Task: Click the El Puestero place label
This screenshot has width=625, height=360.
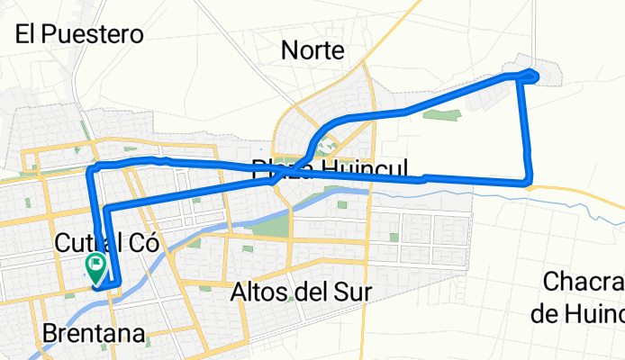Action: click(x=80, y=35)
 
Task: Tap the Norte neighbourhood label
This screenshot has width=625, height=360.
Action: click(x=312, y=50)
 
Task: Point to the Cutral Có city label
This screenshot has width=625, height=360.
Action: click(x=106, y=242)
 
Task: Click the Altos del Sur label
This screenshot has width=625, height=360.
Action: click(x=302, y=292)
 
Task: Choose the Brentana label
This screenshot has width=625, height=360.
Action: click(x=93, y=335)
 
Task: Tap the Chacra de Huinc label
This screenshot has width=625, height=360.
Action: click(x=584, y=297)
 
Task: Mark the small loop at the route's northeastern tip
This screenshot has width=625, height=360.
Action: click(x=530, y=76)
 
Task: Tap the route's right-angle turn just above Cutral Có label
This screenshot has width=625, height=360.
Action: click(x=107, y=209)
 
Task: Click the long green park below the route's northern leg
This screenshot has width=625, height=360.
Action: click(x=441, y=115)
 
